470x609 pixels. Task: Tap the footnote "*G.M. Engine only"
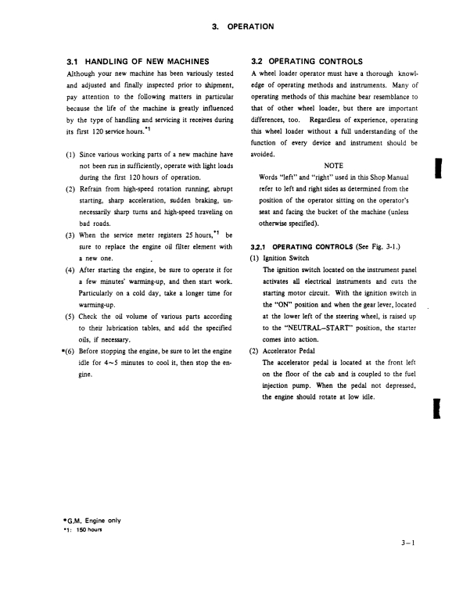[x=91, y=520]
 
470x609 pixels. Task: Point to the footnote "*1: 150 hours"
[x=83, y=529]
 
